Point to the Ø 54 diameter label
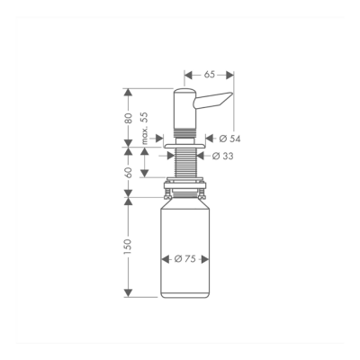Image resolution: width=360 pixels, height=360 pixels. [x=229, y=138]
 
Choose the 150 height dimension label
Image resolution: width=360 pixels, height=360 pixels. [x=129, y=245]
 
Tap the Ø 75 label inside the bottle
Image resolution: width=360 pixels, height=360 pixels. [x=185, y=259]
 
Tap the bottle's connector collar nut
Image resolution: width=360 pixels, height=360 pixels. [x=184, y=191]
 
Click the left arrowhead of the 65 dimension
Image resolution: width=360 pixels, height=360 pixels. [x=187, y=75]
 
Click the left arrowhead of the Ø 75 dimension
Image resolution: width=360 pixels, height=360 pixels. [x=163, y=259]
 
